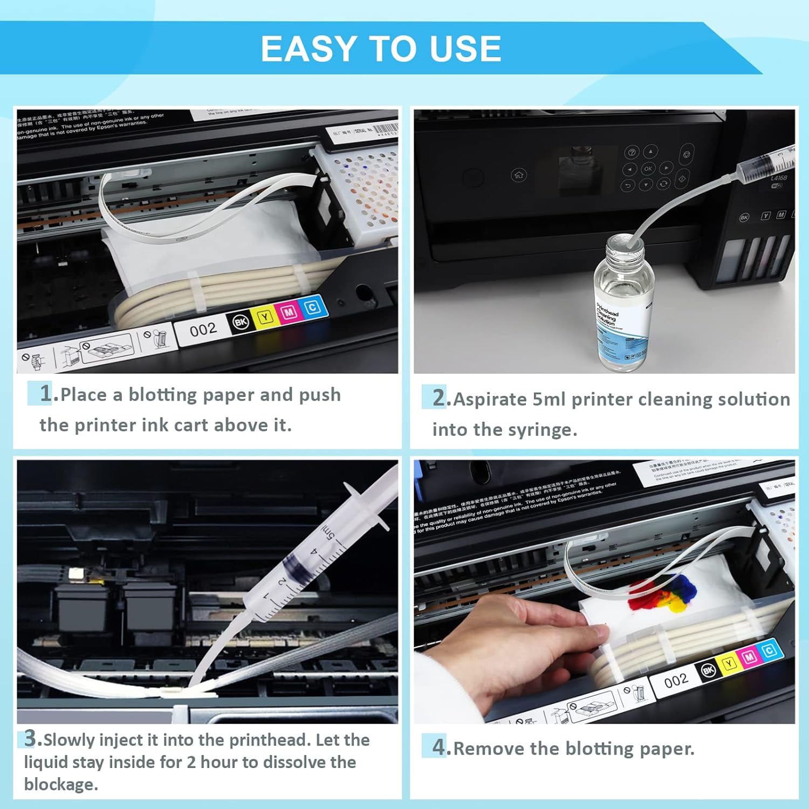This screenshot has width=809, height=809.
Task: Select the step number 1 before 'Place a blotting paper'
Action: (x=47, y=393)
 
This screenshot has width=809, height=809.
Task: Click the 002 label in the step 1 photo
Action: (x=203, y=329)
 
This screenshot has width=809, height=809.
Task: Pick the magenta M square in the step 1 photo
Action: (x=289, y=312)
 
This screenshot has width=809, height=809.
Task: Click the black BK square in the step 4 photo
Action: (x=709, y=670)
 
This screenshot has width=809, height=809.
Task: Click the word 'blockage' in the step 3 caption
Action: (x=60, y=784)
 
